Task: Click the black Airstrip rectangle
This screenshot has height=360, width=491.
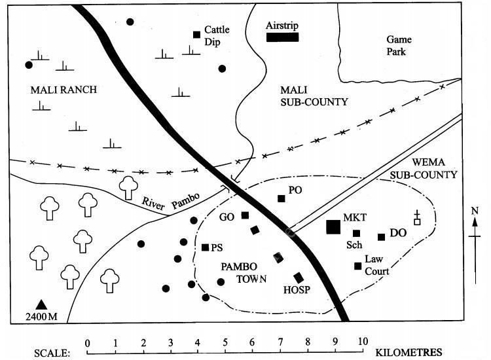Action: pos(282,37)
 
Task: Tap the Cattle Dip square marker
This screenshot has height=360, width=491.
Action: pos(196,35)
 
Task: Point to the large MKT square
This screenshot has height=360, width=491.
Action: pos(333,226)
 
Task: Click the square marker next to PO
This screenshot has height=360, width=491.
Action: pos(282,198)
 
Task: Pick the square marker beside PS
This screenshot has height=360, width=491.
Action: pos(206,247)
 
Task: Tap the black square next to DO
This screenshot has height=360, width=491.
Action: pos(381,237)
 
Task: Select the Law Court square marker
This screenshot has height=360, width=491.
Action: pos(357,266)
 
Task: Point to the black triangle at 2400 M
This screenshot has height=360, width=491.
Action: pos(42,304)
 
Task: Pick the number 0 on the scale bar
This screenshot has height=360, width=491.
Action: pos(87,342)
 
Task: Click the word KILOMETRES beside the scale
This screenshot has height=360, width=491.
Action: pos(409,351)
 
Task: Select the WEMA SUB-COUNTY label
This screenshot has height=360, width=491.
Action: pos(424,169)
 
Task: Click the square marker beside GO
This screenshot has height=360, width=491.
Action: pos(245,215)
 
